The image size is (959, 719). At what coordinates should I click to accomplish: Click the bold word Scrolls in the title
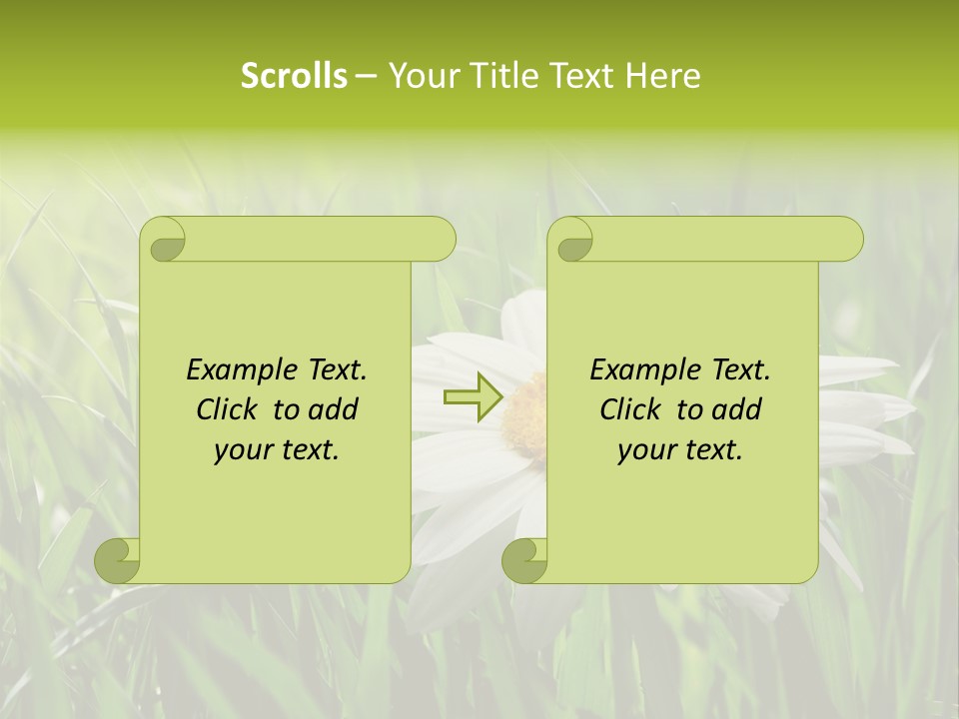(x=294, y=76)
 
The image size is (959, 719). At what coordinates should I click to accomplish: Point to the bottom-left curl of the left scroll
(x=118, y=561)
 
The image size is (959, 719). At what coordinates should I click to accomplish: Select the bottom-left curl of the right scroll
(x=524, y=561)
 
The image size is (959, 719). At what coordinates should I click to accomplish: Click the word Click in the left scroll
(x=226, y=409)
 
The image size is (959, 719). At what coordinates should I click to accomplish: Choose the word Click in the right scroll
(x=629, y=409)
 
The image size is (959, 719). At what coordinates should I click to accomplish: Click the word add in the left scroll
(x=335, y=409)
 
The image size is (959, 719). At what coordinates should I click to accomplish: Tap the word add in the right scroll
(x=738, y=409)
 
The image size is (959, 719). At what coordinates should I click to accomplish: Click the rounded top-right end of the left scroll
(x=440, y=240)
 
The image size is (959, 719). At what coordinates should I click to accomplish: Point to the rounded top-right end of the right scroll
(x=847, y=240)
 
